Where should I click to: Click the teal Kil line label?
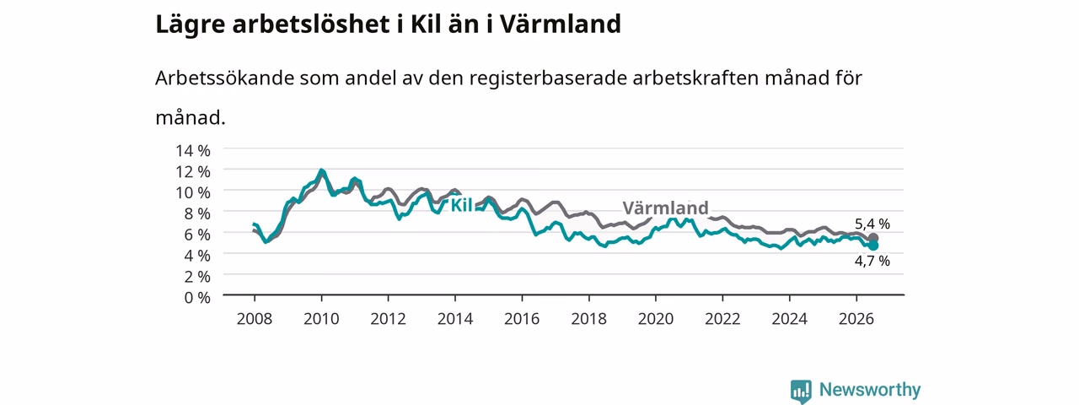point(461,205)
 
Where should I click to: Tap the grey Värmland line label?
point(665,208)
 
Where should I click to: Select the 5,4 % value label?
point(872,224)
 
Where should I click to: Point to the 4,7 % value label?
point(872,261)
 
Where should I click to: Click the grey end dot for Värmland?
point(873,238)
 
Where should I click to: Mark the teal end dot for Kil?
point(873,246)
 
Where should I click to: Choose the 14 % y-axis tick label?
point(193,150)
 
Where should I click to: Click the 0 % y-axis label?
point(197,298)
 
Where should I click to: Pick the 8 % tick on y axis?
point(197,213)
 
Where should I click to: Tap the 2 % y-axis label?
point(197,276)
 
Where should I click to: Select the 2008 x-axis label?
point(255,319)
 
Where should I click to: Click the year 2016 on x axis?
point(522,319)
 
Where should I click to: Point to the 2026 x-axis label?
point(856,319)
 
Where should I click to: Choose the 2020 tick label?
point(656,319)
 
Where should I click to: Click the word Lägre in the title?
point(190,25)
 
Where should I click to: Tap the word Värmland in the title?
point(560,24)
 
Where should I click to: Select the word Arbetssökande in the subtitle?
point(224,78)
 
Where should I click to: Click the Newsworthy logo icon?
point(801,391)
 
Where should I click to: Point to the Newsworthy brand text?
point(870,390)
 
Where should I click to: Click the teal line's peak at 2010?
point(321,170)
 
